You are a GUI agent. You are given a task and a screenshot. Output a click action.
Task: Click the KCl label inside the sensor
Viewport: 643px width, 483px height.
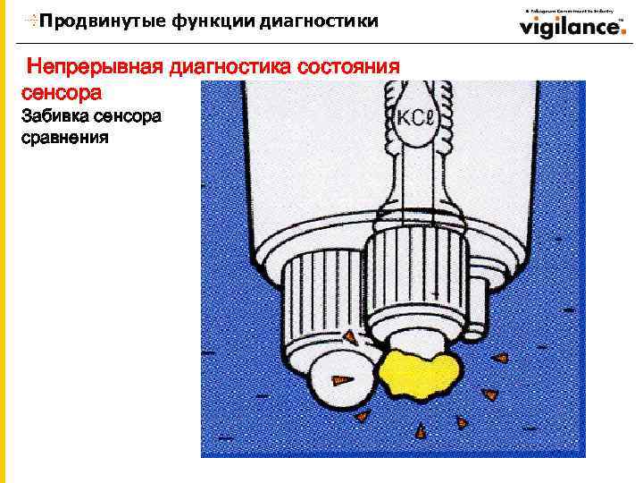[415, 118]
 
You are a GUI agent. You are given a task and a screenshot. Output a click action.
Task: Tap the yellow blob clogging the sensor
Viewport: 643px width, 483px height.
[419, 371]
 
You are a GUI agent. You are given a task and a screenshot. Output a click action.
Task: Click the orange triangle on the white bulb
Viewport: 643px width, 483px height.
[339, 380]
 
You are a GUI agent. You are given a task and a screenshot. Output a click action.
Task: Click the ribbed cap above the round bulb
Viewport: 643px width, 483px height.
[321, 300]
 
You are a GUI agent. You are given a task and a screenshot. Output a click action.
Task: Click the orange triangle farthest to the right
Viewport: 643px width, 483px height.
[501, 357]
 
